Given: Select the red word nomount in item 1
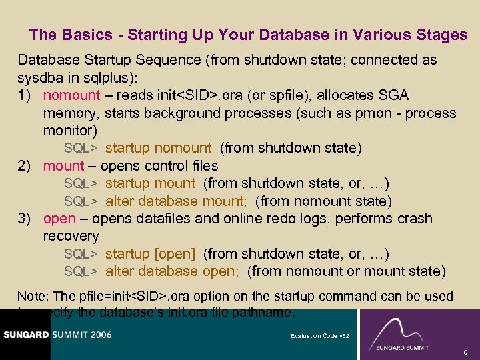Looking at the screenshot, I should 71,95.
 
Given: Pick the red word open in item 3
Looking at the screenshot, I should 59,219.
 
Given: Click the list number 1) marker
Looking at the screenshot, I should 26,95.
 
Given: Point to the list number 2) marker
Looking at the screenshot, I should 26,165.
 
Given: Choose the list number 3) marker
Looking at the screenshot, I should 26,219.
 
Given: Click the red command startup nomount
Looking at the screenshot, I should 158,148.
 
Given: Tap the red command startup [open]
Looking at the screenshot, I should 150,254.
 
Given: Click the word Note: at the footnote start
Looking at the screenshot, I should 31,296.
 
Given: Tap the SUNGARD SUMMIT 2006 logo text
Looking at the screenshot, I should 56,335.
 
